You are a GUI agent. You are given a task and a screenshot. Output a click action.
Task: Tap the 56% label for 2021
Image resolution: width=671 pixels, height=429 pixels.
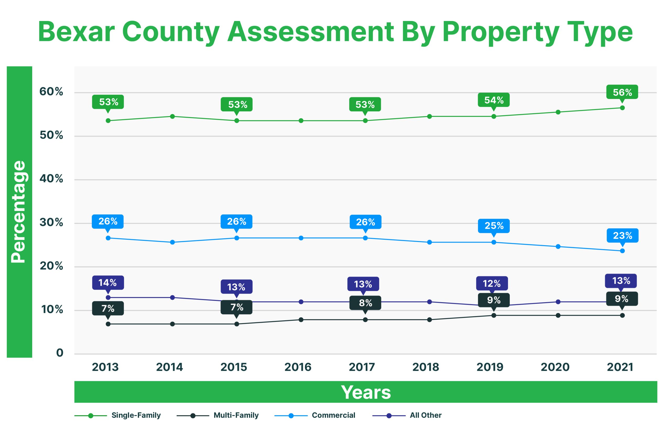point(622,92)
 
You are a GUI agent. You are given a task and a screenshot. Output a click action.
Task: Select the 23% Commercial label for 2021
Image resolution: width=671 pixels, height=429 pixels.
point(622,235)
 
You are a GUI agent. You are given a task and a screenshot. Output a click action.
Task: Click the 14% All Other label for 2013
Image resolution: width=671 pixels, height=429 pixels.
point(108,282)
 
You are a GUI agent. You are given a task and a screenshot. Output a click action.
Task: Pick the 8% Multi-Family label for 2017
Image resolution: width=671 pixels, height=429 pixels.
point(365,303)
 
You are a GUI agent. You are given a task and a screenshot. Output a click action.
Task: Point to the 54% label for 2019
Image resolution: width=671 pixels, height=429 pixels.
point(494,100)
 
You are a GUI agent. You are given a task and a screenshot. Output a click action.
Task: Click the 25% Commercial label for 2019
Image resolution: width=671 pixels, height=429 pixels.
point(494,226)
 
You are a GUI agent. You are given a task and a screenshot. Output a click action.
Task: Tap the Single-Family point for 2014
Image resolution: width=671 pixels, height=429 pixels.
point(172,116)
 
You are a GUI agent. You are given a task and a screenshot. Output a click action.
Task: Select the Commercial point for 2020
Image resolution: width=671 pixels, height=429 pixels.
point(558,247)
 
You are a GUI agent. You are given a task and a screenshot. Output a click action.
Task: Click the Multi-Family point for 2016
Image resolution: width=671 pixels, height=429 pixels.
point(301,320)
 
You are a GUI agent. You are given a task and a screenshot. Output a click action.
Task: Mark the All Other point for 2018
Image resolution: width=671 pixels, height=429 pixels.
point(429,302)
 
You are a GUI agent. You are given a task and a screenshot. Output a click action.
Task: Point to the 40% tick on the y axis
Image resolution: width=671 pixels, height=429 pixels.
point(51,179)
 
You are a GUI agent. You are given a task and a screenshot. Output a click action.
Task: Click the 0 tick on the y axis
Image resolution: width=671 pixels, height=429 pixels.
point(60,353)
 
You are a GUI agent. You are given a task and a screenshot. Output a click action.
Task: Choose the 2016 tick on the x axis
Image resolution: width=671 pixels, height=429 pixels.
point(297,367)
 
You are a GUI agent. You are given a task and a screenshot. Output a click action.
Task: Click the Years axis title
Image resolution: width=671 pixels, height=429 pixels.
point(366,392)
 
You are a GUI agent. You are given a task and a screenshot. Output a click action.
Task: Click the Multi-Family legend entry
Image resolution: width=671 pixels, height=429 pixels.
point(236,415)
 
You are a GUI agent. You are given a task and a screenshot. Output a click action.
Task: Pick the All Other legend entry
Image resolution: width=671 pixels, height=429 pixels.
point(425,415)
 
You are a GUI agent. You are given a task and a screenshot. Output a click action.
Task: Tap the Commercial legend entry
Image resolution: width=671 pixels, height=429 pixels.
point(333,415)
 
